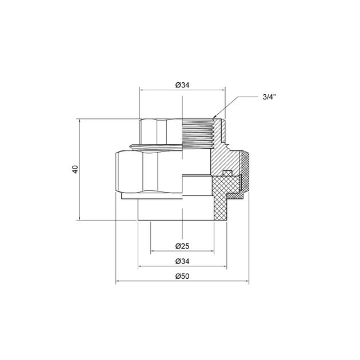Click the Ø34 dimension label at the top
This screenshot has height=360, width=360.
(x=182, y=85)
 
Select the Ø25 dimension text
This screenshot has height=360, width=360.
(x=182, y=246)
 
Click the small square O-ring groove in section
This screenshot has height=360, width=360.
(x=226, y=174)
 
